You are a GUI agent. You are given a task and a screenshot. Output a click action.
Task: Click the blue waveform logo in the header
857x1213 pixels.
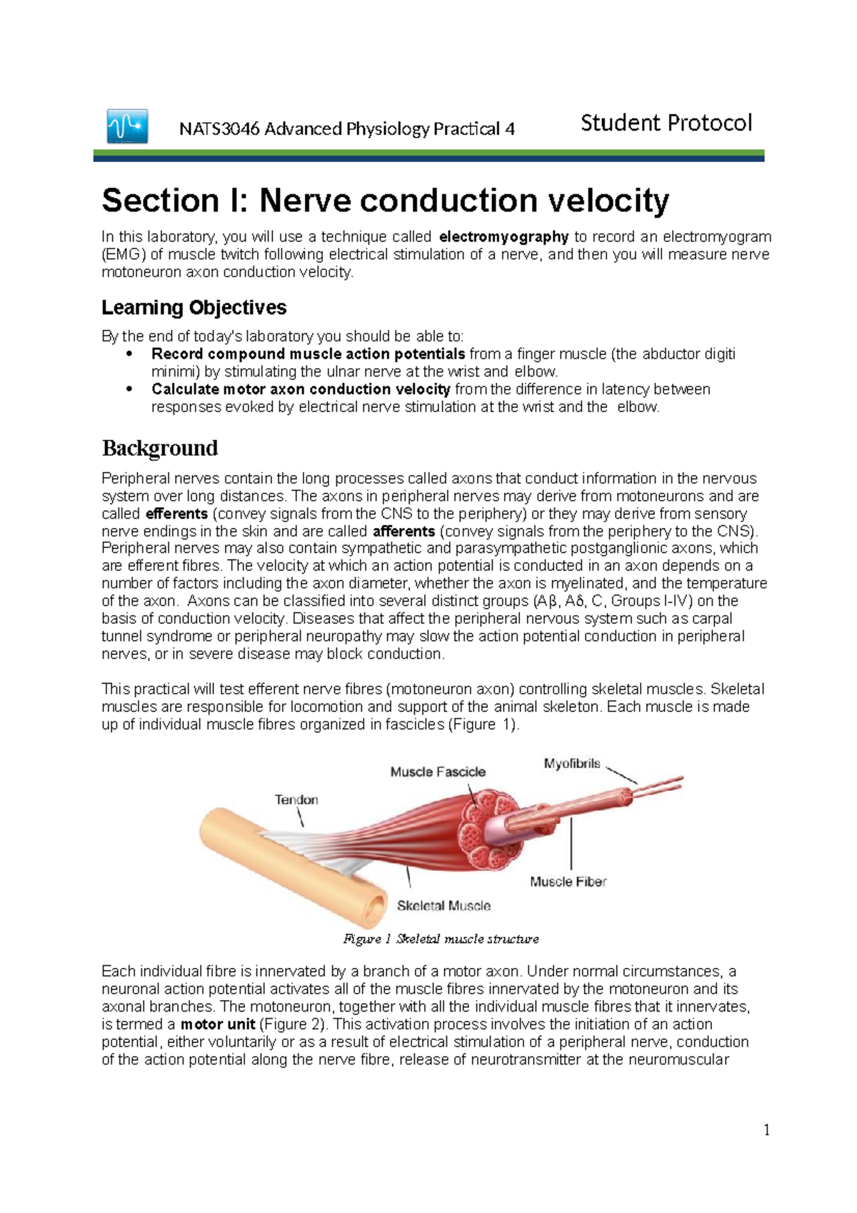[127, 126]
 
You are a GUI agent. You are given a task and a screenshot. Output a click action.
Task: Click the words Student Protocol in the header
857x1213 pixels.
[666, 123]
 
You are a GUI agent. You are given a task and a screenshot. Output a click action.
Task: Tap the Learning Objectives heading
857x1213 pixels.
[194, 308]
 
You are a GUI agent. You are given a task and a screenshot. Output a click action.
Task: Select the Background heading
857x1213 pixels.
[159, 448]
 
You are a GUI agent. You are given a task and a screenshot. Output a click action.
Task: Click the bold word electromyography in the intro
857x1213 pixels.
[503, 236]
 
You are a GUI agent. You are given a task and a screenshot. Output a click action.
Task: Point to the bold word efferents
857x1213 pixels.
[176, 514]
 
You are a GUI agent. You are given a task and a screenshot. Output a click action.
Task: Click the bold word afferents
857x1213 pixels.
[404, 531]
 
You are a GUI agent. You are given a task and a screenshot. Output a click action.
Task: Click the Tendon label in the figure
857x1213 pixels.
[296, 800]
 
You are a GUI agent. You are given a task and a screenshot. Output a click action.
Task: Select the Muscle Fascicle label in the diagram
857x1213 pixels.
[438, 772]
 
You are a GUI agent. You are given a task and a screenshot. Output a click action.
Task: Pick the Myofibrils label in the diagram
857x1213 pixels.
[572, 764]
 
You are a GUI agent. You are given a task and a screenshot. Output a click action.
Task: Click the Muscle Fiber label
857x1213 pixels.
[568, 882]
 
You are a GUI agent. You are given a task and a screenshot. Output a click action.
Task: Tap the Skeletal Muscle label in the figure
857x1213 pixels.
[443, 906]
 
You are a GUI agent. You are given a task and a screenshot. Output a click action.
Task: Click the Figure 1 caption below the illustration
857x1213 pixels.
[441, 939]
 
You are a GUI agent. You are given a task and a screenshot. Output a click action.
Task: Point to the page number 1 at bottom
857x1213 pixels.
[766, 1130]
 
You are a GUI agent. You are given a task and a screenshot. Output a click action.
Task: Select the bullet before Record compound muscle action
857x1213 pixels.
[129, 354]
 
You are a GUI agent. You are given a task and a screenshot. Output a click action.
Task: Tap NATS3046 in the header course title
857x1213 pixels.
[219, 129]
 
